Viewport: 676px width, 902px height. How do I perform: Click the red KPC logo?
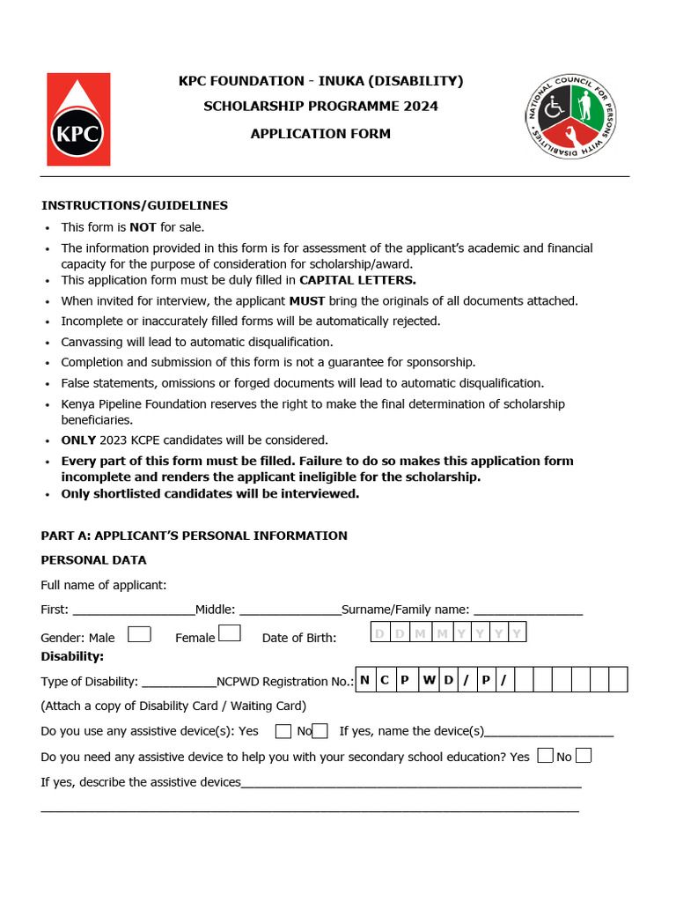click(x=78, y=119)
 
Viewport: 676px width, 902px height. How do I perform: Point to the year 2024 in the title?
click(x=421, y=107)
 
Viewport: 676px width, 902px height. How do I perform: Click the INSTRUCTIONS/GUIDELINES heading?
click(x=135, y=205)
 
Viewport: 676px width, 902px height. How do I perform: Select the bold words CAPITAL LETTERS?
click(x=357, y=280)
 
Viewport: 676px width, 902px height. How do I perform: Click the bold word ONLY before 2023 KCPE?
click(x=78, y=440)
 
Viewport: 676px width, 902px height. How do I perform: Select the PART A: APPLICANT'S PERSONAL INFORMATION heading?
click(x=195, y=536)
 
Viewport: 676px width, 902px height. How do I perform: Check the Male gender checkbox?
click(x=139, y=634)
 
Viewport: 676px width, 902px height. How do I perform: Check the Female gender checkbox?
click(x=230, y=633)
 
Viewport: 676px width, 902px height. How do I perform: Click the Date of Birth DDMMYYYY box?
click(x=448, y=633)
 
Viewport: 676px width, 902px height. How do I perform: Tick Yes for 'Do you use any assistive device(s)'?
click(x=283, y=731)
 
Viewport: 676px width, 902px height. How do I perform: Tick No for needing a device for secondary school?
click(x=583, y=756)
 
